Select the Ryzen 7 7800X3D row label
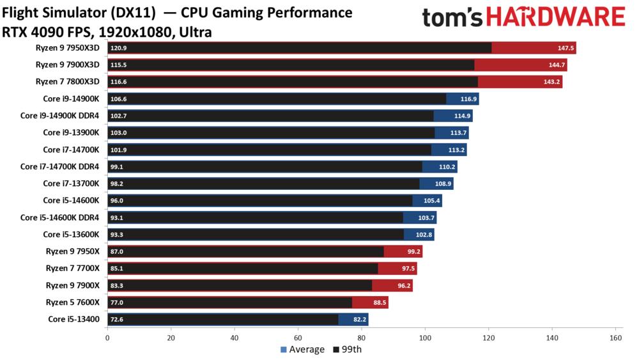tap(68, 81)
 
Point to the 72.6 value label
tap(117, 319)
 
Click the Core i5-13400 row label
tap(74, 318)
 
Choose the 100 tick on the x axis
tap(425, 338)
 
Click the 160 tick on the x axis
tap(615, 338)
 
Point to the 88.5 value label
tap(378, 302)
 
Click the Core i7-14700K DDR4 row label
tap(60, 166)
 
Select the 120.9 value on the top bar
tap(118, 48)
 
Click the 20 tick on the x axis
tap(171, 338)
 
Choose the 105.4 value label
tap(432, 200)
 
